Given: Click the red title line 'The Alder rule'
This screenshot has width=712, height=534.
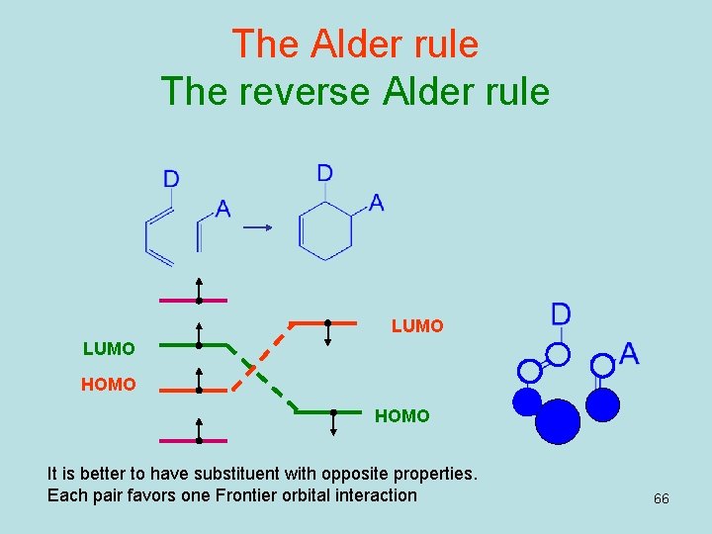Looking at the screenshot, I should (355, 44).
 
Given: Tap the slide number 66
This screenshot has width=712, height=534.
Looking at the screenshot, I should (661, 498).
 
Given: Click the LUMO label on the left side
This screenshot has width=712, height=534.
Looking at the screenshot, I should (109, 349).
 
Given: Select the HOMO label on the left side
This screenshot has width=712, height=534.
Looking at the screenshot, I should (109, 385).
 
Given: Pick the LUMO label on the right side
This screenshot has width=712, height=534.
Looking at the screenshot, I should (417, 325).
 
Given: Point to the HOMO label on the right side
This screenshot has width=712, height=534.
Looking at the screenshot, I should (401, 417).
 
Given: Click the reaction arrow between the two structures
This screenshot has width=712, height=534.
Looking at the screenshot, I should (258, 227).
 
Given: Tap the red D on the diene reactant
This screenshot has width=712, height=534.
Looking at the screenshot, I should (171, 179).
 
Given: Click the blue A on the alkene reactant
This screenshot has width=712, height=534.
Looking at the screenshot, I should (222, 210).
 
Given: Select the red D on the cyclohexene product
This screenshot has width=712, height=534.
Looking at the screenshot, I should (324, 173).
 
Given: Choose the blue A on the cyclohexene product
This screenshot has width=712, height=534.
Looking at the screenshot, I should (376, 203).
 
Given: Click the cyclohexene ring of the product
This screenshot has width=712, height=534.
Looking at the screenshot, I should (327, 232).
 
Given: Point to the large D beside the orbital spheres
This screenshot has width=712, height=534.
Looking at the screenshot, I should (561, 314).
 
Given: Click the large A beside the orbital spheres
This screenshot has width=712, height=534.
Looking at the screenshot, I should (628, 353).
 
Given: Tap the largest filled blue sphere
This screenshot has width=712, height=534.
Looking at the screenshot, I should (558, 420).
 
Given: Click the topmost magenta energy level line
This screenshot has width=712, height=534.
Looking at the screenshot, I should (194, 300).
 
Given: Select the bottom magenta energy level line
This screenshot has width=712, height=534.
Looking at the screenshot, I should (194, 441).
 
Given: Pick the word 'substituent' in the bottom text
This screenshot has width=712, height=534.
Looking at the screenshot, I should (216, 474).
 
